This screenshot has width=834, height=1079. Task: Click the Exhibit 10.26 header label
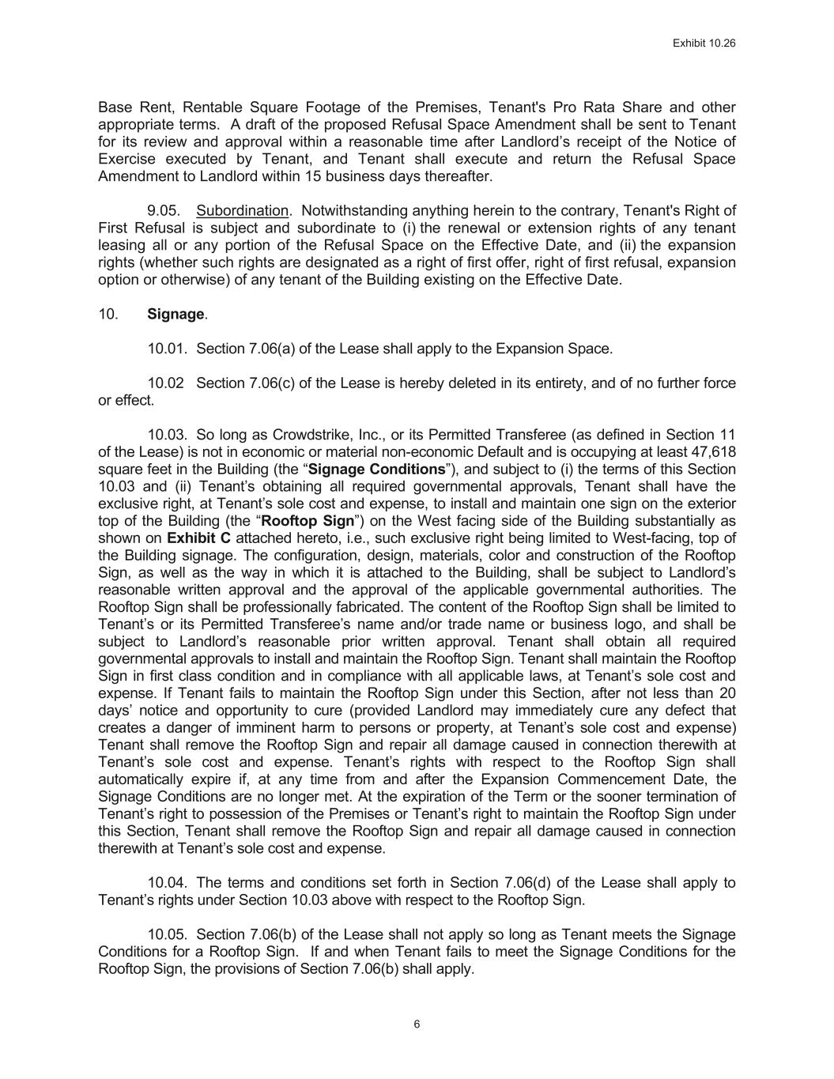pyautogui.click(x=704, y=43)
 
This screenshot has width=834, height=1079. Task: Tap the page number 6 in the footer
pyautogui.click(x=417, y=1024)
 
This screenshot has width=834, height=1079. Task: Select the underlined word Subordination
pyautogui.click(x=242, y=210)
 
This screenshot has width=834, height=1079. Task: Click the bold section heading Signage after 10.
pyautogui.click(x=175, y=314)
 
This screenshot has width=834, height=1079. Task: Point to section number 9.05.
pyautogui.click(x=164, y=210)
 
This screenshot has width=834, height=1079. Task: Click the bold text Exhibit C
pyautogui.click(x=198, y=538)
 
